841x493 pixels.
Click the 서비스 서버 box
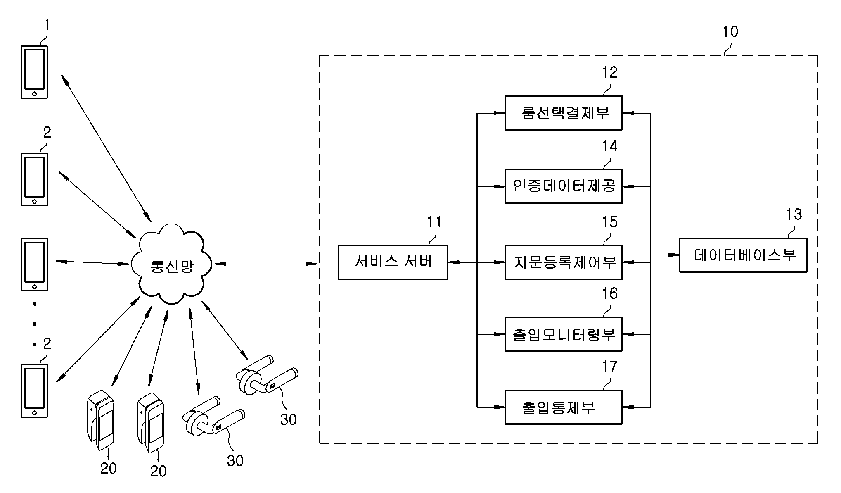pos(393,262)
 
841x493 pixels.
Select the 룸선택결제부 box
pos(563,113)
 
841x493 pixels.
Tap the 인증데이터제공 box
pos(563,186)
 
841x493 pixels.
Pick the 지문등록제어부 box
pos(563,262)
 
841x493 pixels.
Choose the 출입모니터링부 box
pos(563,334)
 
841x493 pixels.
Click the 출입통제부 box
pos(563,407)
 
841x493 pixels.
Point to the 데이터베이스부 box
pos(743,255)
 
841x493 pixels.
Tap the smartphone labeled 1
pos(34,72)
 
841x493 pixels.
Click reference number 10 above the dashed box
pos(730,32)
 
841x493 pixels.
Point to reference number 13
pos(794,214)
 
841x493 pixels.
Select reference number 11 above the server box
pos(434,222)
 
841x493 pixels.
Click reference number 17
pos(609,367)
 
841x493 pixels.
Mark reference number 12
pos(609,72)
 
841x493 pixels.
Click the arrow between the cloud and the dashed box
pos(266,263)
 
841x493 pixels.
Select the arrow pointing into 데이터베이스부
pos(666,255)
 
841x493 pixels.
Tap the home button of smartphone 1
pos(34,94)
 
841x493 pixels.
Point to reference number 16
pos(609,293)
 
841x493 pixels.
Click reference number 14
pos(609,146)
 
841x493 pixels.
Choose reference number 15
pos(609,222)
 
